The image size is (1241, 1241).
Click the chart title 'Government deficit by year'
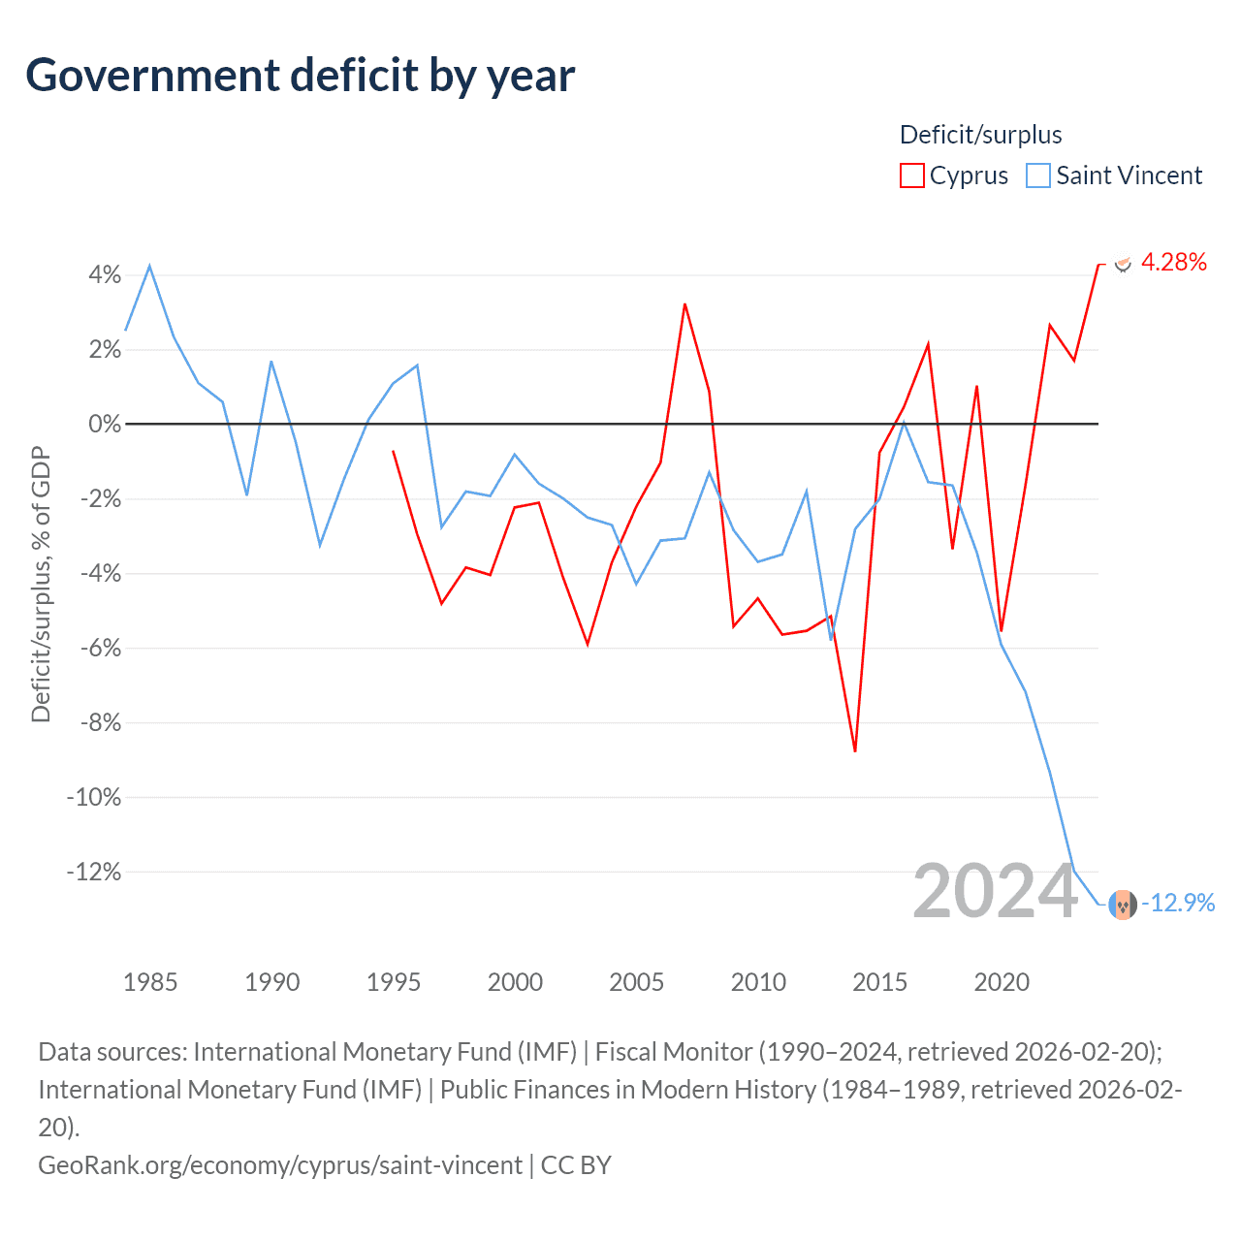pos(301,76)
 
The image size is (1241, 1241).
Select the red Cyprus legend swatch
pos(911,175)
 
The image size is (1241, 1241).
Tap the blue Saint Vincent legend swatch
pos(1038,175)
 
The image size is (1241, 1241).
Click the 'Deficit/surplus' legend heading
pos(980,135)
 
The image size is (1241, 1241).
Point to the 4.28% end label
pos(1173,262)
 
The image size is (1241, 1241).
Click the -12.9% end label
pos(1178,903)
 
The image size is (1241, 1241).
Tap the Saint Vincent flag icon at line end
pos(1123,904)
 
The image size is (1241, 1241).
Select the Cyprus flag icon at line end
pos(1123,263)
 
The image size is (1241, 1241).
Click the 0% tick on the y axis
pos(105,424)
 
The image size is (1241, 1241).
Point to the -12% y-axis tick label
pos(94,872)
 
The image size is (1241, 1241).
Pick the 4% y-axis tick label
pos(105,275)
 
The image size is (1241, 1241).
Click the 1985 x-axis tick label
pos(150,982)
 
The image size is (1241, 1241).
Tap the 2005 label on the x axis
pos(636,982)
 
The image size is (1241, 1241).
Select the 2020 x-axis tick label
pos(1001,982)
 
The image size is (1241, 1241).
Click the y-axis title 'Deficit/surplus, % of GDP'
pos(41,584)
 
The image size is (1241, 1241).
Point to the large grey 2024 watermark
pos(995,891)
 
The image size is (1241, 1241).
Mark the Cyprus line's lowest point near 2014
pos(855,750)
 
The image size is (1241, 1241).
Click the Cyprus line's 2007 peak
pos(684,304)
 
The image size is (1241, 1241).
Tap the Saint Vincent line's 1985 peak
pos(149,266)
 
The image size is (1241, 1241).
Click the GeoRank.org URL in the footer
pos(280,1164)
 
